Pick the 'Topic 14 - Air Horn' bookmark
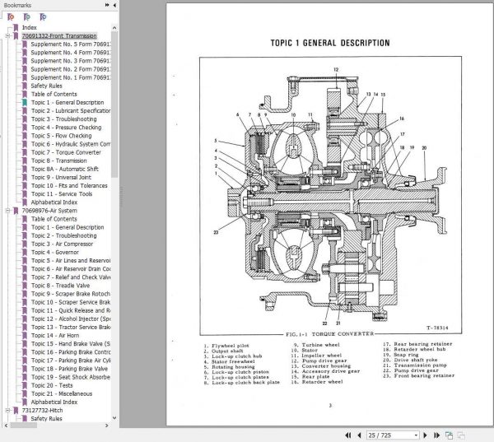click(57, 335)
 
